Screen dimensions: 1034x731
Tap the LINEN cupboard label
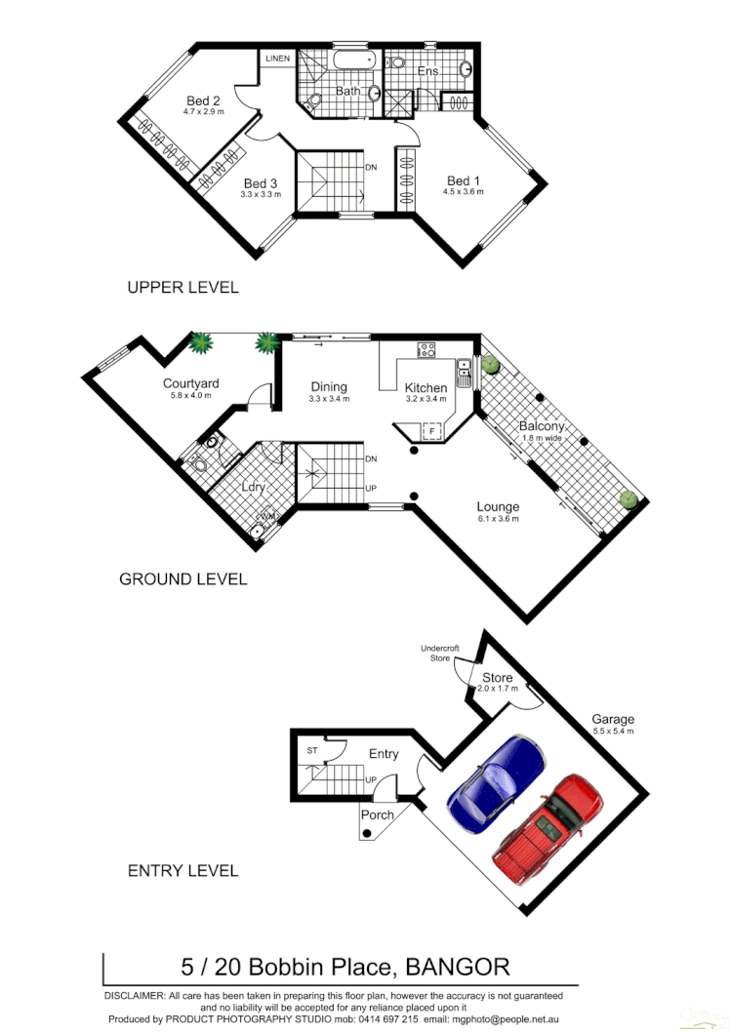tap(277, 60)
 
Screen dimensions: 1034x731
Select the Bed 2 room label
tap(203, 100)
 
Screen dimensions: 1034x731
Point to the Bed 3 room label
tap(261, 183)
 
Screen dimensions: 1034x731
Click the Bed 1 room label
tap(464, 180)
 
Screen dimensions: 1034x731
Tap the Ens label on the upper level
tap(428, 71)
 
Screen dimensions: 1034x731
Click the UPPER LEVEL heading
tap(183, 288)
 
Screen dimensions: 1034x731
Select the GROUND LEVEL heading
tap(183, 578)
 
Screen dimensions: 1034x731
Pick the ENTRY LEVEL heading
tap(183, 870)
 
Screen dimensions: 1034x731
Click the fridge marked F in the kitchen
tap(430, 430)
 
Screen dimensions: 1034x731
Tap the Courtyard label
tap(190, 383)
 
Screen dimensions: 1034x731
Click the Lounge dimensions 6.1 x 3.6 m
tap(498, 519)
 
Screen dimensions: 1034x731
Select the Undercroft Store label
tap(440, 653)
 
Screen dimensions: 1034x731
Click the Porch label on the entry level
tap(378, 815)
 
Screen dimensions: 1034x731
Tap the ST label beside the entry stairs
tap(312, 750)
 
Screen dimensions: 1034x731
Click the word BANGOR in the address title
tap(457, 968)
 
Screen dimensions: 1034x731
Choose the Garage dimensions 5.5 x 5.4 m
tap(612, 731)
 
